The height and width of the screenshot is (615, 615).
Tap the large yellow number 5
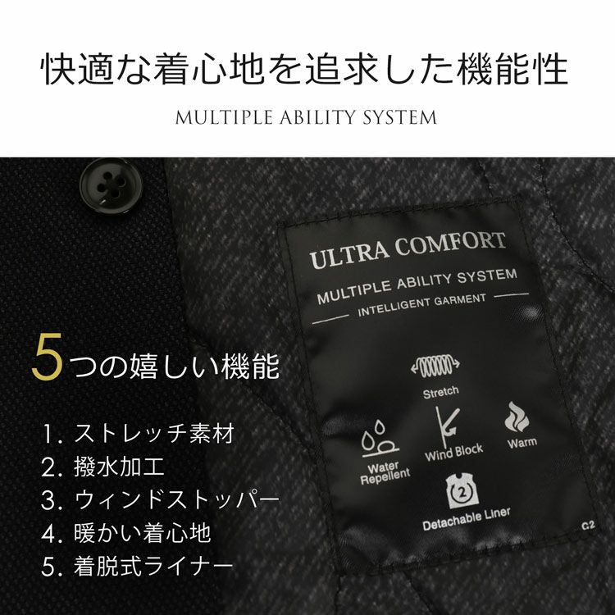[x=47, y=357]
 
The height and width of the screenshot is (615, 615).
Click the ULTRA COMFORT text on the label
[x=408, y=249]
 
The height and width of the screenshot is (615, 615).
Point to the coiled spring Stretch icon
[x=435, y=366]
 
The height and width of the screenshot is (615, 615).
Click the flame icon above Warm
[x=517, y=416]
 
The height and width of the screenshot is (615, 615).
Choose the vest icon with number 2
[x=462, y=490]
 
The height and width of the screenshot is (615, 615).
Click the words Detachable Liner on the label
[x=467, y=519]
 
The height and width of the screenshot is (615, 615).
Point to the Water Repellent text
[x=385, y=473]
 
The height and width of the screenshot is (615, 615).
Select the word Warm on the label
[x=522, y=443]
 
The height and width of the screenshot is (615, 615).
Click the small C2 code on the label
[x=588, y=525]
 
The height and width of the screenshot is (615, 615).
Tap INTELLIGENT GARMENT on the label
[x=422, y=305]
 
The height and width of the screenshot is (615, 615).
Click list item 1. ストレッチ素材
[x=138, y=434]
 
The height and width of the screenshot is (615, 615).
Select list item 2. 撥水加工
[x=102, y=467]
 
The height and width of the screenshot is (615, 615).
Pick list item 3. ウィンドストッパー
[x=161, y=500]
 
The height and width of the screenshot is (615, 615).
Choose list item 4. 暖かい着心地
[x=126, y=534]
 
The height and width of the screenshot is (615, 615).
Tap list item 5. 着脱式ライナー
[x=137, y=567]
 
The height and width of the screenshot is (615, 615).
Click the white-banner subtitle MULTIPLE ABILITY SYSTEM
[x=306, y=117]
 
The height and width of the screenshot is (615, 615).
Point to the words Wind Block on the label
[x=453, y=453]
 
